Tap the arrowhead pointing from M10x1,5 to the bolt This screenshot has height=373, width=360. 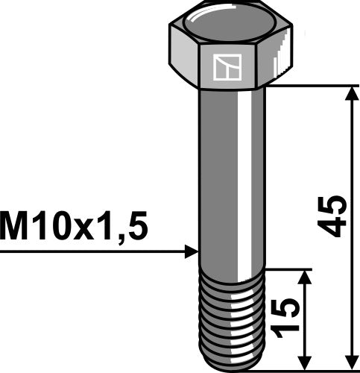[190, 252]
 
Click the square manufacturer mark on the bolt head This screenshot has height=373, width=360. [224, 68]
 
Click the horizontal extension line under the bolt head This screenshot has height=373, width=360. [313, 86]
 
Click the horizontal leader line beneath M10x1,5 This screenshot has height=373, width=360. [89, 252]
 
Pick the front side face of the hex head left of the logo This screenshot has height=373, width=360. [186, 64]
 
